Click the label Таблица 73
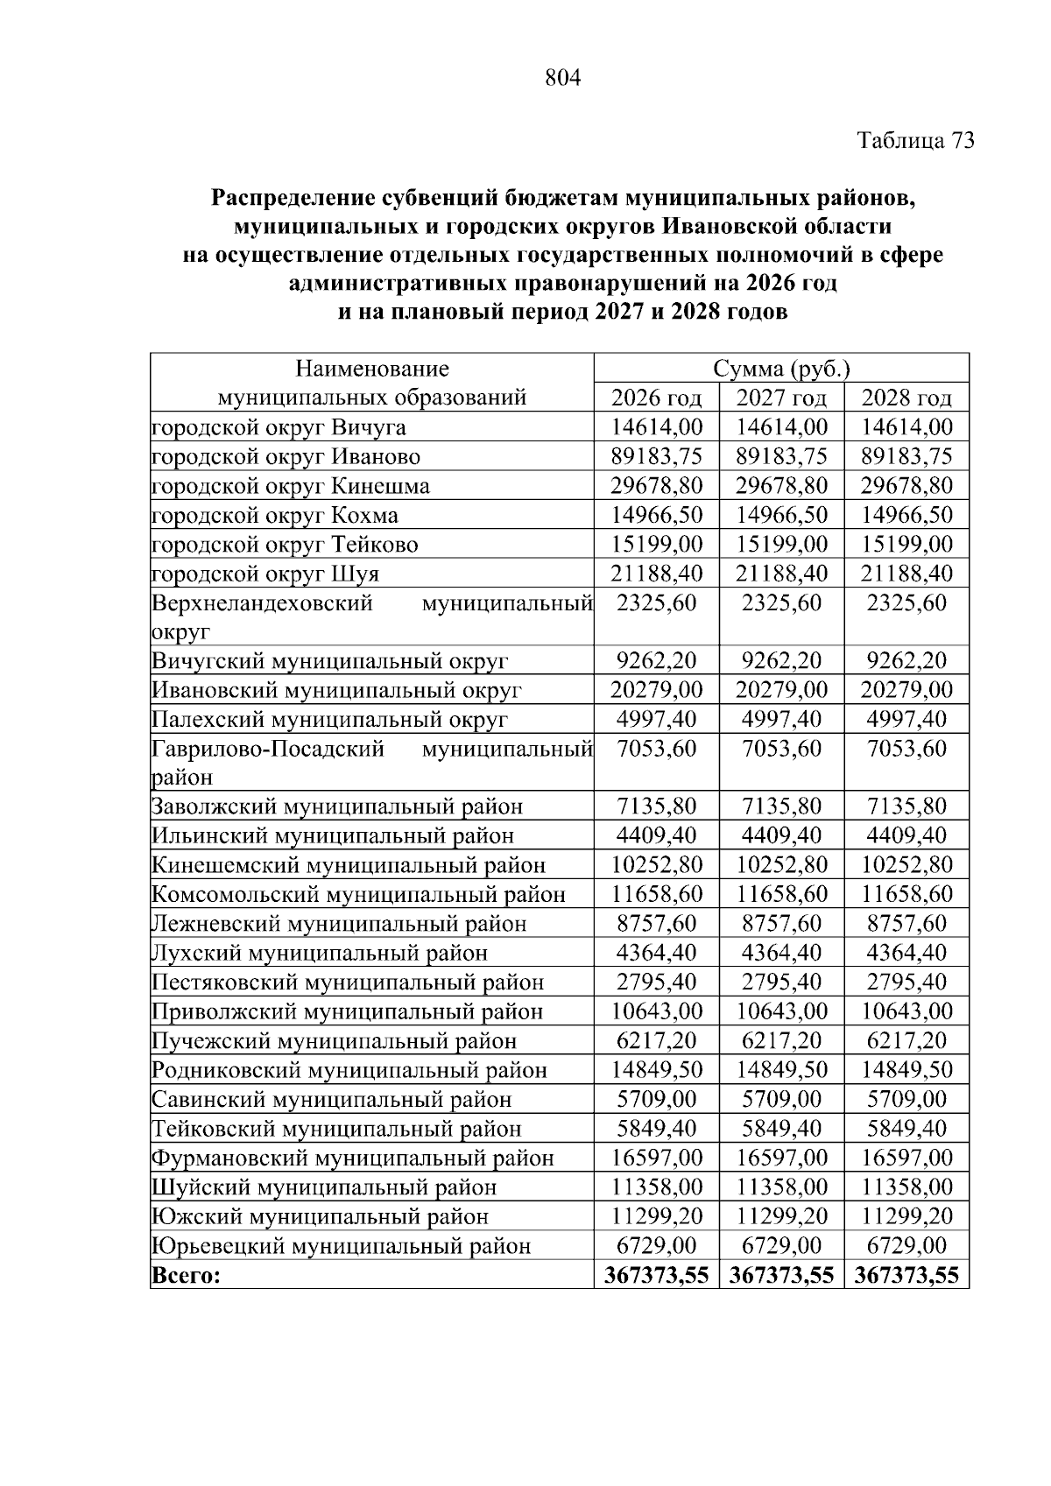pyautogui.click(x=915, y=141)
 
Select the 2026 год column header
pyautogui.click(x=656, y=398)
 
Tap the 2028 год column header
pyautogui.click(x=906, y=398)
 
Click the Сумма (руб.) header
pyautogui.click(x=781, y=369)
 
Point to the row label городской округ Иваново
pyautogui.click(x=286, y=457)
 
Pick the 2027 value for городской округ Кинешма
pyautogui.click(x=781, y=486)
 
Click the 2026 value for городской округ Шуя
pyautogui.click(x=656, y=574)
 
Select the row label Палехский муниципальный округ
pyautogui.click(x=329, y=720)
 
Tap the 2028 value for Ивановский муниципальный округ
pyautogui.click(x=906, y=690)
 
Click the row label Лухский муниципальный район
pyautogui.click(x=320, y=954)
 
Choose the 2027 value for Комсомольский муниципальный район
pyautogui.click(x=781, y=895)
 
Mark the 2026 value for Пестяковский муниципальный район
pyautogui.click(x=656, y=982)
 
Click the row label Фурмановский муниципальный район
pyautogui.click(x=353, y=1159)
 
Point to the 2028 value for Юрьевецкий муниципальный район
pyautogui.click(x=906, y=1246)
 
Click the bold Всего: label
pyautogui.click(x=186, y=1276)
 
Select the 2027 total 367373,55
pyautogui.click(x=781, y=1276)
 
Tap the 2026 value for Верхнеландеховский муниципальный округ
pyautogui.click(x=656, y=603)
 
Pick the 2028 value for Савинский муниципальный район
pyautogui.click(x=906, y=1100)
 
